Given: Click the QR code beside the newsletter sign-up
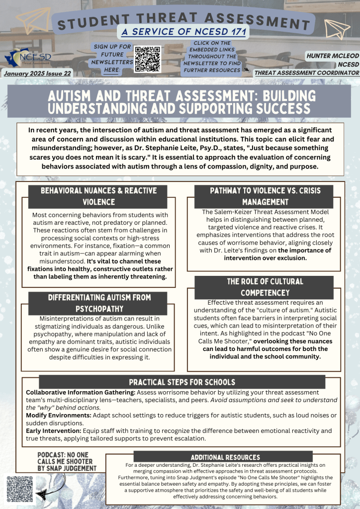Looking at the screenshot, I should point(148,59).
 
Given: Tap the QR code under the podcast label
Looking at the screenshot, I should point(20,489).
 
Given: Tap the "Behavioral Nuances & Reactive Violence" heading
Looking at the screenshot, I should point(98,196).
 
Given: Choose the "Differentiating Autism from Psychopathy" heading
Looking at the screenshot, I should point(99,303).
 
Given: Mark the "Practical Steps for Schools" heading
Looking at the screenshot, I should point(182,382).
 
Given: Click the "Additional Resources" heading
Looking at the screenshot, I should point(226,457).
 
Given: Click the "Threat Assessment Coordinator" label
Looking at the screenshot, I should point(306,73).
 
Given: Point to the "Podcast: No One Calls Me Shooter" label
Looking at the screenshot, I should point(67,461).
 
